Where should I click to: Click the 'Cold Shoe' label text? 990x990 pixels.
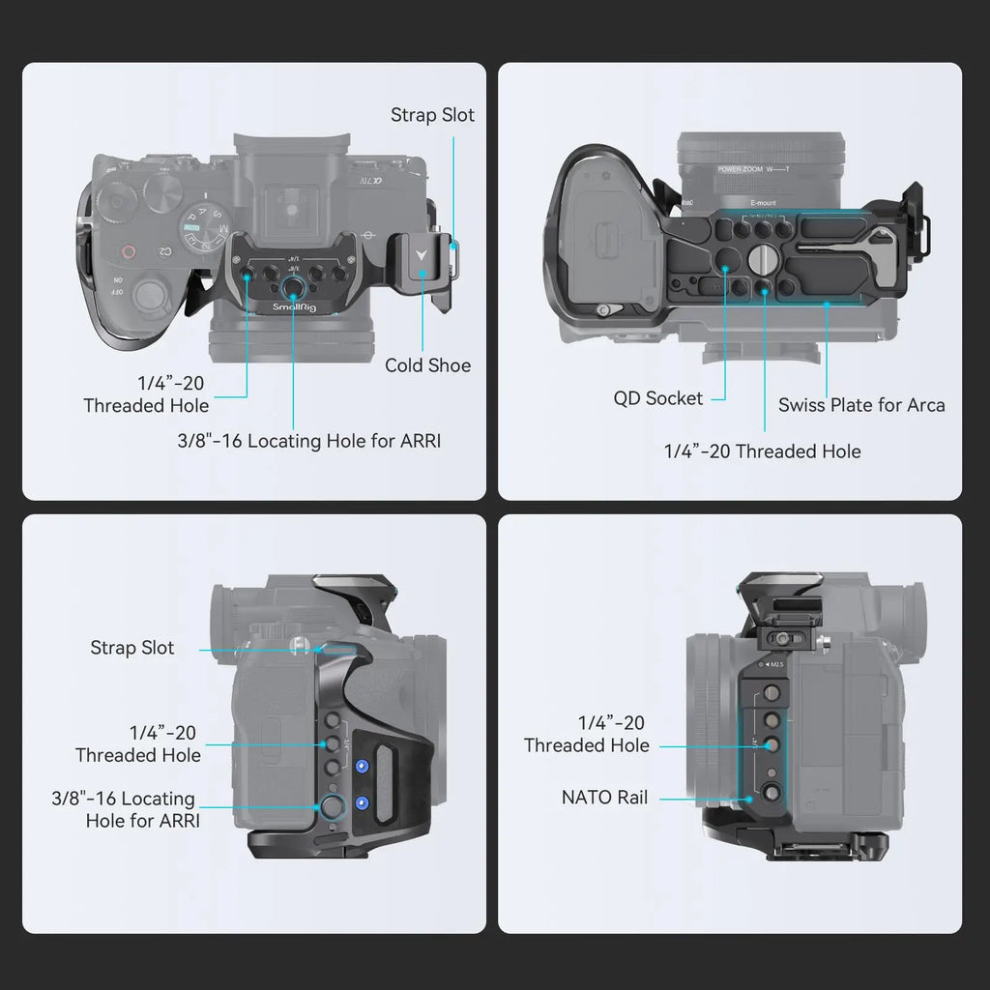click(x=427, y=365)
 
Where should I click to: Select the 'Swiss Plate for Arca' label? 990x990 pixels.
click(x=861, y=405)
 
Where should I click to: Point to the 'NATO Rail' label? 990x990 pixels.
click(x=605, y=798)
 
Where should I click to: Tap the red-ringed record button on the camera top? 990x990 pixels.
click(x=128, y=252)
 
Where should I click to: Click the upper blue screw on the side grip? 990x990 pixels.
click(x=363, y=767)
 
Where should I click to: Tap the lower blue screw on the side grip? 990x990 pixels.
click(x=363, y=802)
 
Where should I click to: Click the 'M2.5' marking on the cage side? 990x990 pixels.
click(x=774, y=665)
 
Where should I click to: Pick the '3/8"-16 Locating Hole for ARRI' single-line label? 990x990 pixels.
click(x=308, y=442)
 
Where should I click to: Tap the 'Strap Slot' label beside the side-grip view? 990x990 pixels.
click(x=132, y=648)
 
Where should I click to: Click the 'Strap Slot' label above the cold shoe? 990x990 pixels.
click(x=432, y=115)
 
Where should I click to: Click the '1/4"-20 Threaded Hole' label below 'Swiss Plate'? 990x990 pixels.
click(x=762, y=451)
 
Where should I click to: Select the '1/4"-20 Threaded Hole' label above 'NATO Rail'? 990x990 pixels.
click(x=587, y=734)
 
